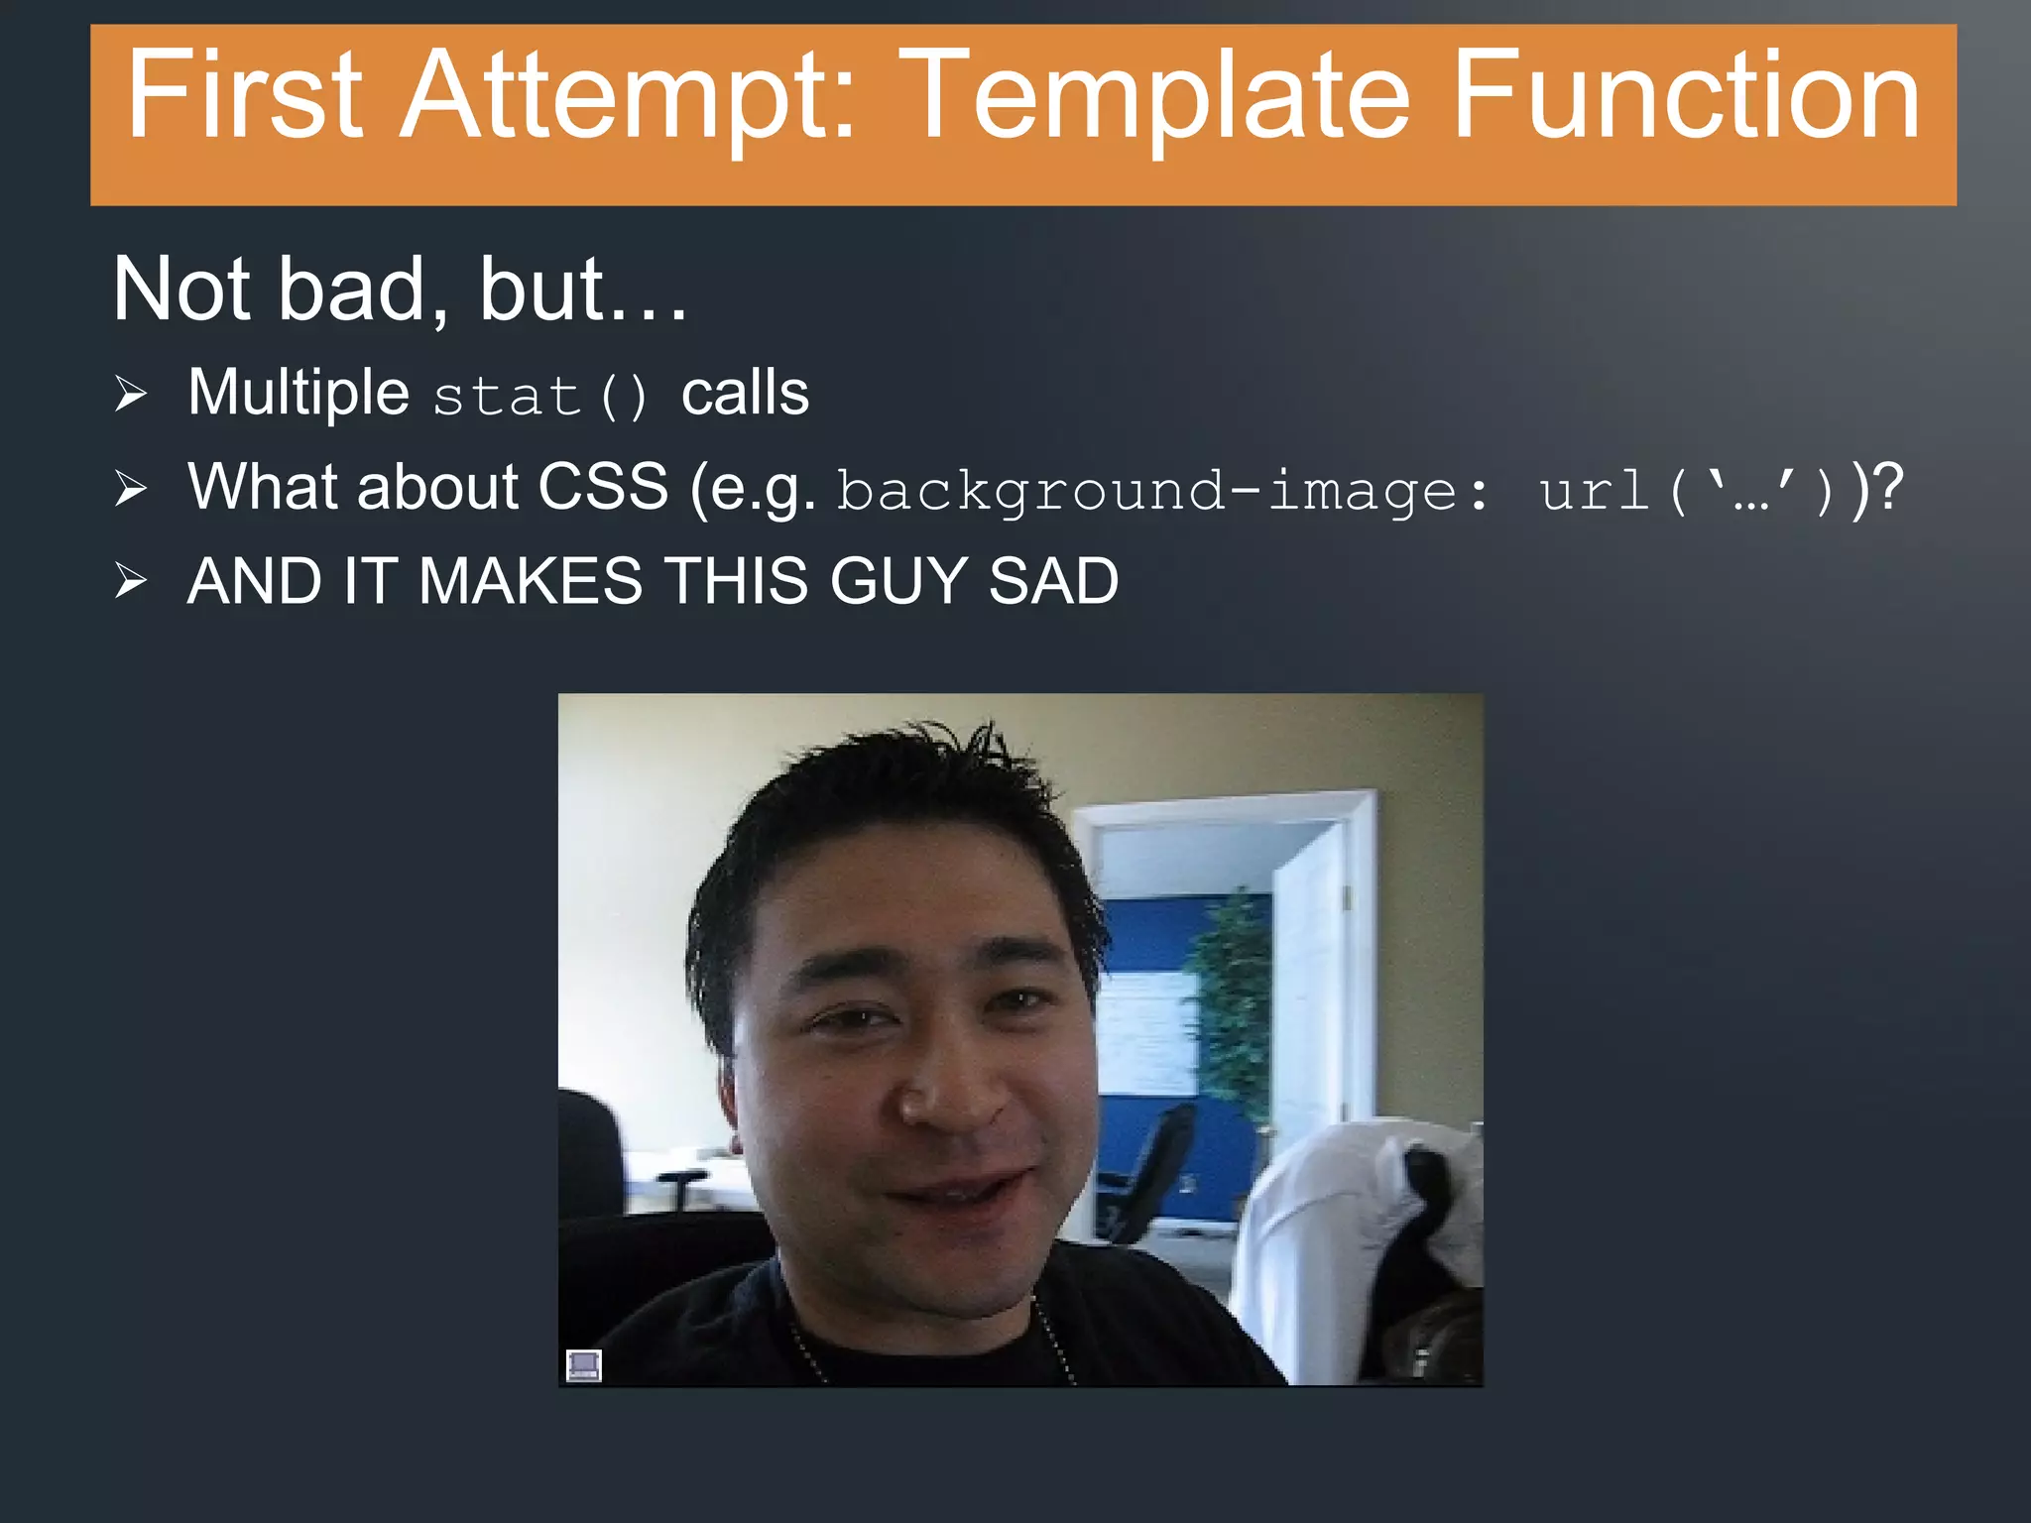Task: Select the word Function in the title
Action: [1686, 96]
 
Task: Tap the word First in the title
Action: [244, 96]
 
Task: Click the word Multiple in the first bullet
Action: [298, 393]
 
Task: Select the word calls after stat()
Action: [745, 393]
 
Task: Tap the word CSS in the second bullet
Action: [602, 487]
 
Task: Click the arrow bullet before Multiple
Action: [130, 394]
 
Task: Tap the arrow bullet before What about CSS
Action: [130, 488]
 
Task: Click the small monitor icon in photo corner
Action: [583, 1364]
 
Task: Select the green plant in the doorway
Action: [1230, 1001]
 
